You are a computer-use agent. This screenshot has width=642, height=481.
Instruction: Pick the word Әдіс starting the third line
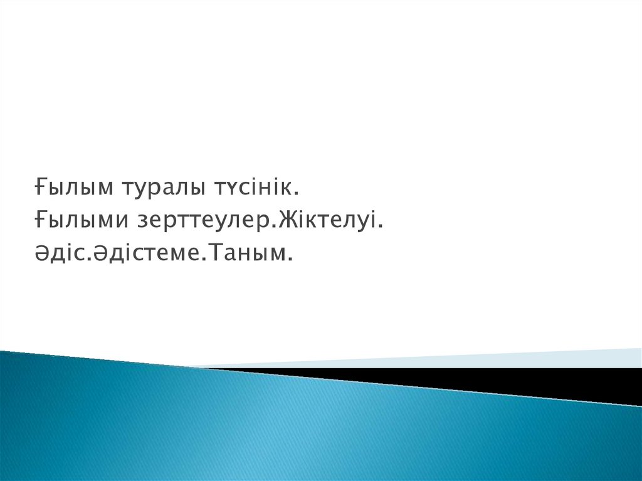coord(60,253)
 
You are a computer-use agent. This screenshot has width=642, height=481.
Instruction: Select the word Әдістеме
coord(145,253)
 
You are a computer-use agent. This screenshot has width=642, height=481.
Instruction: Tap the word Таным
coord(243,253)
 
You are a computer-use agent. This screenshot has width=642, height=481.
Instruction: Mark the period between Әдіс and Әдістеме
coord(90,260)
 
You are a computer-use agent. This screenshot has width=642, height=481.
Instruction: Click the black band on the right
coord(492,379)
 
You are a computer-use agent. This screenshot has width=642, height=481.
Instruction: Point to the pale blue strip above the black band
coord(450,359)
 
